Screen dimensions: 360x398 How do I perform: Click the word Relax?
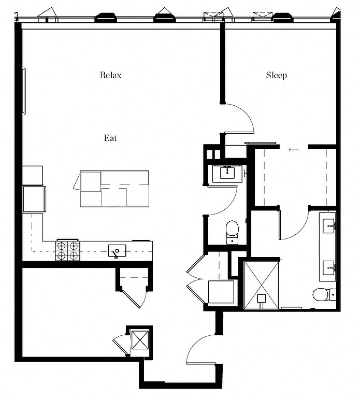point(111,75)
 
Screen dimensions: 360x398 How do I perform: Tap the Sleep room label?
point(277,75)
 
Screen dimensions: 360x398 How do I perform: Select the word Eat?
point(111,138)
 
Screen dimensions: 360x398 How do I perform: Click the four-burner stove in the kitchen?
point(67,251)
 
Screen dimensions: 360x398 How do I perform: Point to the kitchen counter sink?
point(117,251)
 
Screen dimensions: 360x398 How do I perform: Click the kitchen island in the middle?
point(114,189)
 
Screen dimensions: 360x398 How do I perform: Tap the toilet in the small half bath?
point(232,232)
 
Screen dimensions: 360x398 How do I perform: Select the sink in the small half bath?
point(227,173)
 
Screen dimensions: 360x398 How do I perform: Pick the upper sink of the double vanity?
point(329,225)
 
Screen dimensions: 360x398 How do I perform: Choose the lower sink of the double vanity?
point(329,268)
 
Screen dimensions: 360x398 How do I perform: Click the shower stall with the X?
point(261,285)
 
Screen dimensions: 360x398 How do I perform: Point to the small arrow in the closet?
point(294,150)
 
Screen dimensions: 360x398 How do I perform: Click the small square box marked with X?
point(140,340)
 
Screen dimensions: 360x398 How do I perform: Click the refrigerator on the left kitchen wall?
point(34,199)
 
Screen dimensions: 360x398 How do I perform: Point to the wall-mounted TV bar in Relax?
point(25,91)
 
